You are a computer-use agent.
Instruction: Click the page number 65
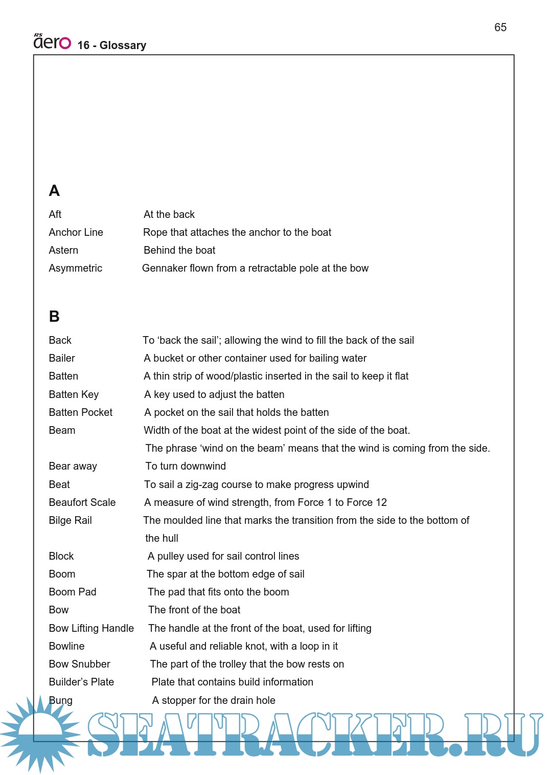click(500, 28)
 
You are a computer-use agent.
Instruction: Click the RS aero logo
click(52, 42)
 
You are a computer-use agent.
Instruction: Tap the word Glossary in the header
click(123, 46)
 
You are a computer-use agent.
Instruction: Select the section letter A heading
click(54, 191)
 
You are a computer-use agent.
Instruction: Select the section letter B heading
click(54, 317)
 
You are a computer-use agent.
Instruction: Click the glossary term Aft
click(55, 214)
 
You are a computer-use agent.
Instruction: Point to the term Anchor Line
click(76, 232)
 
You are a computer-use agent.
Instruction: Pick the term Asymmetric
click(75, 268)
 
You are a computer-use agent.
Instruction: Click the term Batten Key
click(74, 394)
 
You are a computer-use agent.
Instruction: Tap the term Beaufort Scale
click(82, 502)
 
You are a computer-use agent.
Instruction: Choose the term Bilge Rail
click(70, 520)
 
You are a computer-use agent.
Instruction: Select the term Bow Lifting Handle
click(91, 628)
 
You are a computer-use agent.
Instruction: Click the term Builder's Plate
click(81, 682)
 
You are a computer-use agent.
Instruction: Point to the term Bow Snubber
click(79, 664)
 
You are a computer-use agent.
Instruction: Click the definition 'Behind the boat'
click(179, 250)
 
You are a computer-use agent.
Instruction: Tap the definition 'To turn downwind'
click(186, 466)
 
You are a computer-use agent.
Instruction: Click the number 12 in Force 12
click(381, 502)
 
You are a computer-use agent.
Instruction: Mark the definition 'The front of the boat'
click(194, 610)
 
